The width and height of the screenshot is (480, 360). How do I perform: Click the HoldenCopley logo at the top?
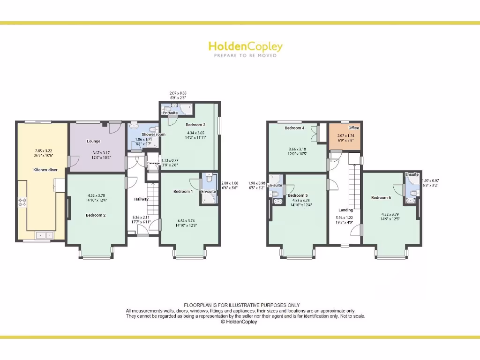click(x=245, y=46)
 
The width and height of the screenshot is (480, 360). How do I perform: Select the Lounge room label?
click(x=93, y=141)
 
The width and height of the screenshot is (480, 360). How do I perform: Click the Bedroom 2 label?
click(x=95, y=215)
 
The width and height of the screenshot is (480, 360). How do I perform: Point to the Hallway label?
click(x=141, y=199)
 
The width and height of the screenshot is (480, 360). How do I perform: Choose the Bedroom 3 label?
click(x=195, y=125)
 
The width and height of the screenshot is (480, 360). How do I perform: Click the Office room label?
click(x=353, y=128)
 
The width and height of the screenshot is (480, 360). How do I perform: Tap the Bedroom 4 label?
click(x=294, y=128)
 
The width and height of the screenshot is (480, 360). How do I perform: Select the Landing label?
click(x=345, y=210)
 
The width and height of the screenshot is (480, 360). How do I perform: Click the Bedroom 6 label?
click(x=381, y=198)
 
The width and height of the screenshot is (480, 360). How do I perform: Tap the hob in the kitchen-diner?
click(x=22, y=202)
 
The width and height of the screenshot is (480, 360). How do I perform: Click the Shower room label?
click(x=154, y=135)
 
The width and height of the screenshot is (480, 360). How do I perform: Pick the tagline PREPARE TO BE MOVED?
click(x=245, y=55)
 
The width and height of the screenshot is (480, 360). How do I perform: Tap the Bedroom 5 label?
click(x=298, y=195)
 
